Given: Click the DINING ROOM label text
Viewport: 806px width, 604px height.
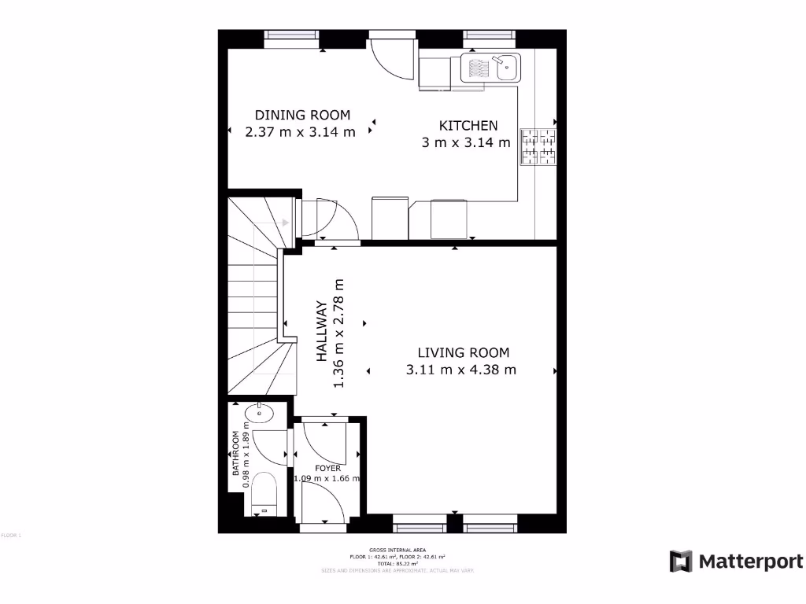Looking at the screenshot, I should tap(302, 115).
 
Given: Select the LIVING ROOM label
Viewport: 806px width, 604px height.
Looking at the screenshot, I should tap(463, 353).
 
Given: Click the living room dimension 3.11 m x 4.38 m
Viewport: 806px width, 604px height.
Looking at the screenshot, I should tap(461, 370).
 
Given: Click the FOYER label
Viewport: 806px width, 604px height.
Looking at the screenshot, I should tap(327, 468).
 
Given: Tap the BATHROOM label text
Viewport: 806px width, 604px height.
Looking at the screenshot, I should tap(235, 454).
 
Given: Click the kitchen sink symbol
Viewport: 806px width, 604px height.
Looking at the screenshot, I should tap(490, 67).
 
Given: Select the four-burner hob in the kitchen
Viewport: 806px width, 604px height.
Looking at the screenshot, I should tap(538, 147).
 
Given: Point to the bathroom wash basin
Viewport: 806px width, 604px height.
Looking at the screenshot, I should tap(257, 413).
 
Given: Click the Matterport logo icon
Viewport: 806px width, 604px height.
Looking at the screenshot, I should tap(681, 562).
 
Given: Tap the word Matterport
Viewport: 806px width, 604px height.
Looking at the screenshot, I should tap(751, 562).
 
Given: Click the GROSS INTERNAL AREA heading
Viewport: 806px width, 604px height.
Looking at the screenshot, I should tap(390, 550).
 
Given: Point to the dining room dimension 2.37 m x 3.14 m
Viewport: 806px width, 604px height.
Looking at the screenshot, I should tap(300, 132).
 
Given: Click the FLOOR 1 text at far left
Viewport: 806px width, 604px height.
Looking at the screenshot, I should tap(11, 536).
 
